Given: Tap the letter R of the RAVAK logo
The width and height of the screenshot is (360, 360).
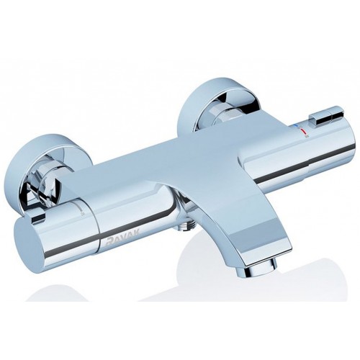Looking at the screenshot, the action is pos(109,242).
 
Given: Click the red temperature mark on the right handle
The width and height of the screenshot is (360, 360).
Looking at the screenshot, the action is pos(303,131).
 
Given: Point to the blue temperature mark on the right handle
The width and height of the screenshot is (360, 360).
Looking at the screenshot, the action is pos(297,126).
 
